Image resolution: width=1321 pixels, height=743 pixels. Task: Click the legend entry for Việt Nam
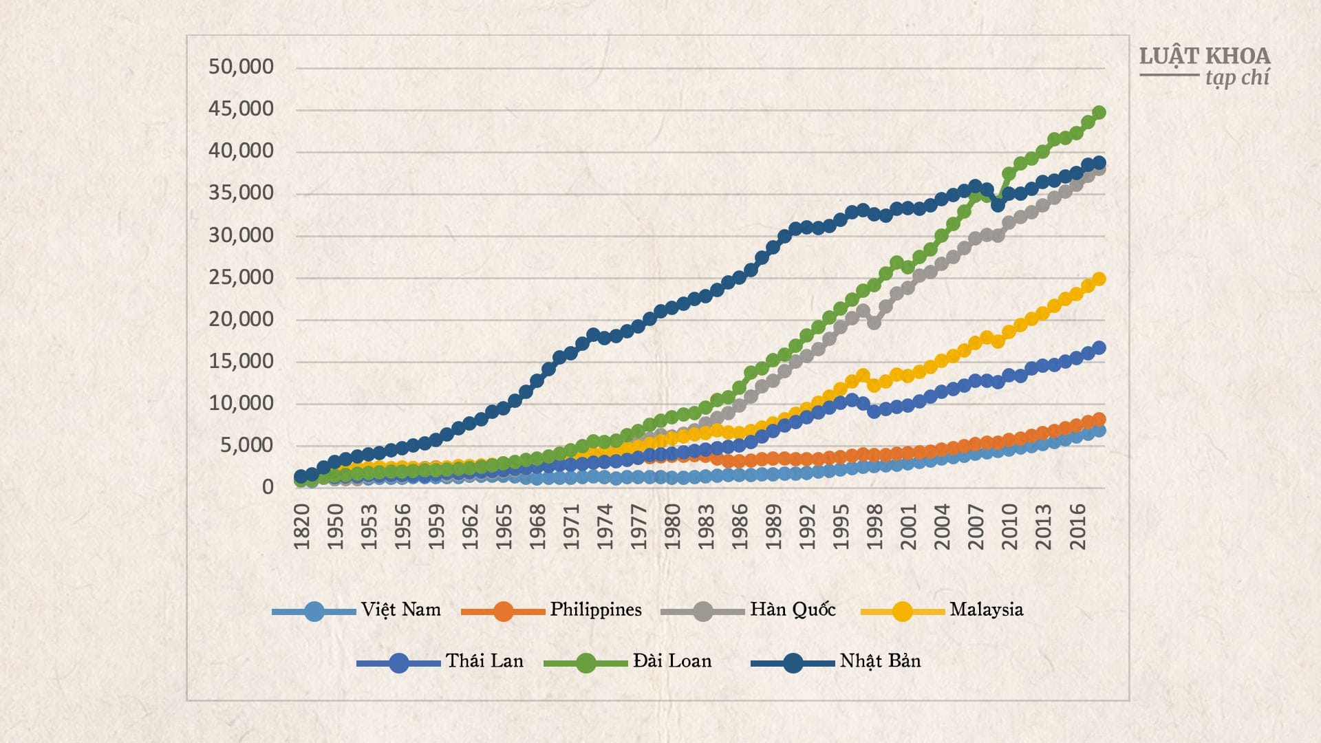coord(400,610)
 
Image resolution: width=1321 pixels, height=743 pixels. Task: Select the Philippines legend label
coord(595,610)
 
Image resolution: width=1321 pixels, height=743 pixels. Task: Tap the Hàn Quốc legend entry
coord(793,610)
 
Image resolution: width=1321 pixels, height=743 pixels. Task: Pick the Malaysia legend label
coord(986,610)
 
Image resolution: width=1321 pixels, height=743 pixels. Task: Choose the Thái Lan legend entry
coord(484,661)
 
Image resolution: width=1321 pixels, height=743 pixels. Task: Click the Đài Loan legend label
coord(672,661)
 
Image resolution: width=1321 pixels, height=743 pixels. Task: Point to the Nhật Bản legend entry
coord(880,661)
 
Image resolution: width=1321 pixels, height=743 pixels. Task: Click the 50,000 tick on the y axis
coord(241,67)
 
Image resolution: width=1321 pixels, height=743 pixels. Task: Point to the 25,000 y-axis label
coord(241,277)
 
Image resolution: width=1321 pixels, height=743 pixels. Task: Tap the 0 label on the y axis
coord(268,487)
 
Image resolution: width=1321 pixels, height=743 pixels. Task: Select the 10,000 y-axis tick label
coord(241,403)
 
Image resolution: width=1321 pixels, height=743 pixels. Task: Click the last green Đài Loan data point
coord(1099,112)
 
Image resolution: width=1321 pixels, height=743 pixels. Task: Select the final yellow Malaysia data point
coord(1099,279)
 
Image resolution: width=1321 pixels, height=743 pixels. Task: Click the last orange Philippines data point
coord(1099,419)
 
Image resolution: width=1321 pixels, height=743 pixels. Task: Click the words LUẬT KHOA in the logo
coord(1204,56)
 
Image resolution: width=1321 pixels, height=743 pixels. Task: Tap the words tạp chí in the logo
coord(1237,78)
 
